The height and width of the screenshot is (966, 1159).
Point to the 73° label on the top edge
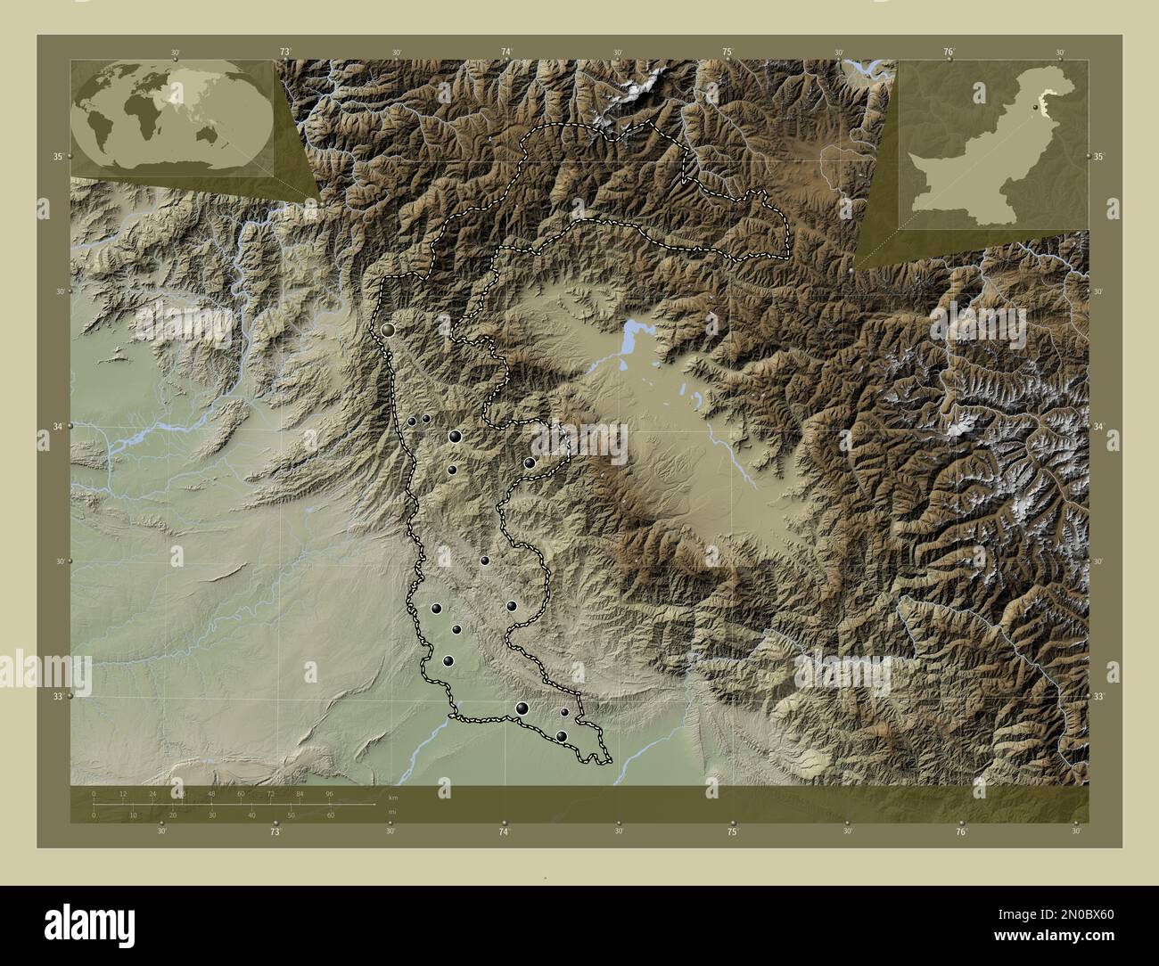pyautogui.click(x=285, y=53)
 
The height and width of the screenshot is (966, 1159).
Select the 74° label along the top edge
pyautogui.click(x=506, y=53)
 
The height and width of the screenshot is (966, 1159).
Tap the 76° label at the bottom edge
pyautogui.click(x=961, y=831)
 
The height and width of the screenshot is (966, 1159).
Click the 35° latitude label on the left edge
pyautogui.click(x=58, y=157)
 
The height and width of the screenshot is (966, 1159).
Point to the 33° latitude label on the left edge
pyautogui.click(x=58, y=697)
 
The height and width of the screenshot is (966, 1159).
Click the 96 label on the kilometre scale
pyautogui.click(x=329, y=793)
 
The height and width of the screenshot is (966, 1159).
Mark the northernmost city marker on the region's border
pyautogui.click(x=388, y=330)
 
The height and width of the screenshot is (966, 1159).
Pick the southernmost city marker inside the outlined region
pyautogui.click(x=562, y=736)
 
